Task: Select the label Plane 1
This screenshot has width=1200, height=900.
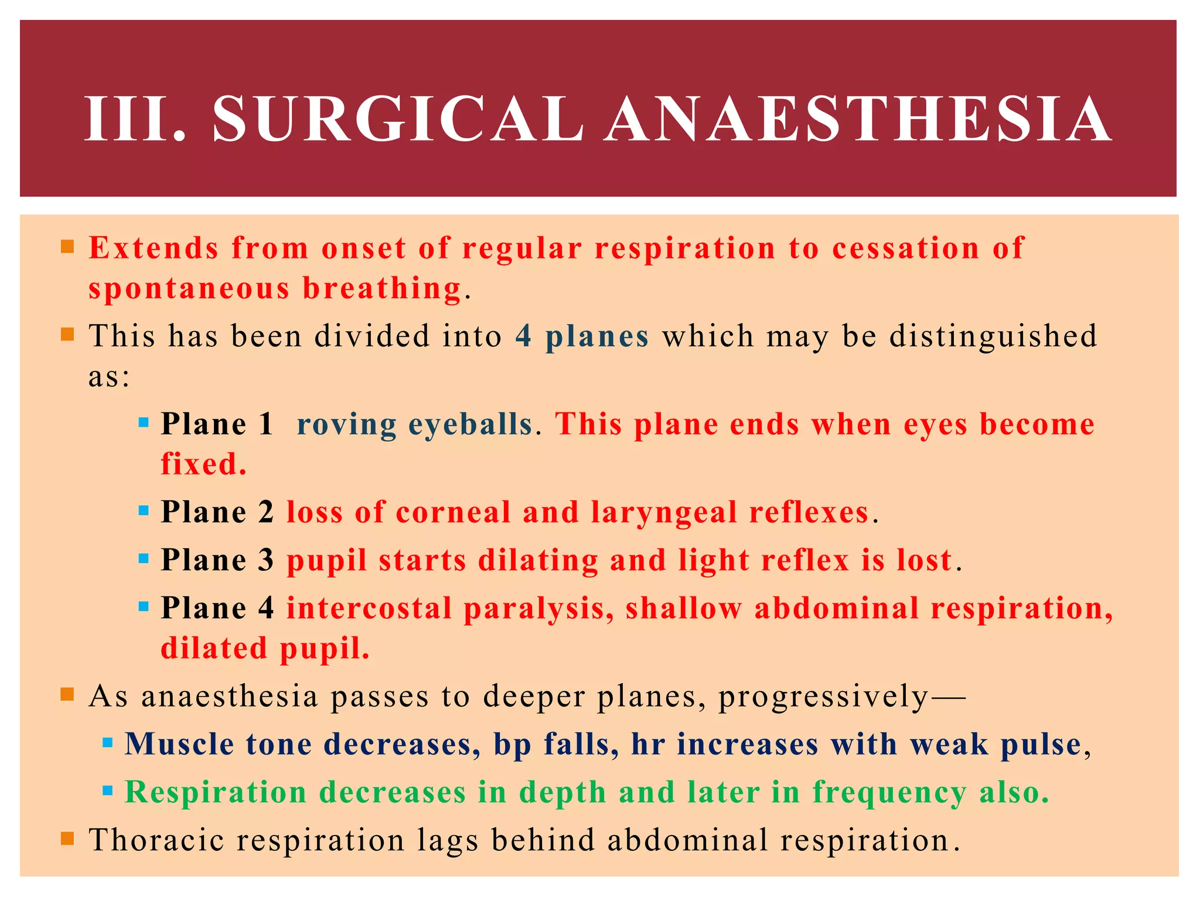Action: [x=217, y=424]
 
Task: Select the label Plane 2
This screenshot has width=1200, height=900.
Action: [x=217, y=512]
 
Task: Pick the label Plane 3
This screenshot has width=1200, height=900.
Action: [x=217, y=560]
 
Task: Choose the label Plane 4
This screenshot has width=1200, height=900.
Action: [x=217, y=608]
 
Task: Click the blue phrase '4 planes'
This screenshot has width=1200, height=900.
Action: [x=582, y=336]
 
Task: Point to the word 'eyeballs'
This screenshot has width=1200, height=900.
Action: [x=470, y=424]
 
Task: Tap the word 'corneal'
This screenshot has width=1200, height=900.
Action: [x=453, y=512]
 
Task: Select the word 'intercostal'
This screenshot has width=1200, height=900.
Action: [x=369, y=608]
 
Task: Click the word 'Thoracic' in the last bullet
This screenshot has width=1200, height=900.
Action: [x=156, y=840]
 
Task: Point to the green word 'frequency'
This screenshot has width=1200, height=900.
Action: [x=889, y=793]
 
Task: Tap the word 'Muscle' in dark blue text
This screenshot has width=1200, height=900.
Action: [x=179, y=744]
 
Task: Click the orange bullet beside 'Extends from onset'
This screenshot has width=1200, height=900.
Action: [x=67, y=246]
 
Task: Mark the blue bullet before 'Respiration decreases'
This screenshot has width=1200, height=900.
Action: [x=107, y=792]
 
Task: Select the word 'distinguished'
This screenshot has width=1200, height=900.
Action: [x=993, y=336]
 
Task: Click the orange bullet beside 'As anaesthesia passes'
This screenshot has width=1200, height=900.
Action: [x=67, y=695]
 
